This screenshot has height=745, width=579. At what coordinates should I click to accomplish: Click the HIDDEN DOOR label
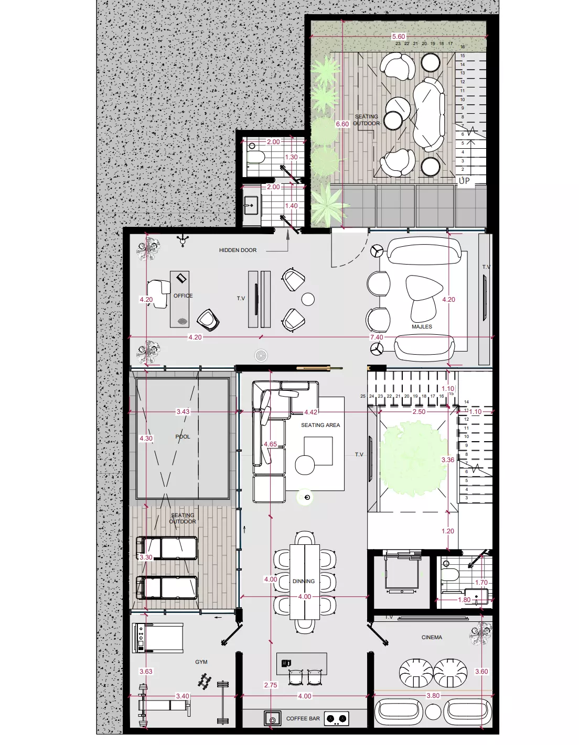tap(238, 250)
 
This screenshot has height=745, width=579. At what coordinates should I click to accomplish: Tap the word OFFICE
tap(183, 296)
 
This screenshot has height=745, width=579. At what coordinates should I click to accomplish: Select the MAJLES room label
tap(422, 327)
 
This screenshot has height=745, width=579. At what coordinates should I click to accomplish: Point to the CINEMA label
tap(432, 638)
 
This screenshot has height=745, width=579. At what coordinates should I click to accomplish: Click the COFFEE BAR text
tap(303, 719)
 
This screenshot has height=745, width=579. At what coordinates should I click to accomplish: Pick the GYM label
tap(201, 662)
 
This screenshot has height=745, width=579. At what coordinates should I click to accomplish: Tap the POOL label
tap(183, 437)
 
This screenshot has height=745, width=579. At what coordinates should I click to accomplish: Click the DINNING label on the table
tap(304, 582)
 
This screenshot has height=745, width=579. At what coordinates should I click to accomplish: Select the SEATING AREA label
tap(320, 425)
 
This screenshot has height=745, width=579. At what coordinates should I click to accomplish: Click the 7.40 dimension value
tap(377, 337)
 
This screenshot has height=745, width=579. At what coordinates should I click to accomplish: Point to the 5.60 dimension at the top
tap(399, 37)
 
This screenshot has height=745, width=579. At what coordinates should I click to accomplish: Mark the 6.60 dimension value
tap(342, 124)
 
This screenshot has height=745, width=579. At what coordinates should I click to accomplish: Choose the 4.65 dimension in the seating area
tap(270, 444)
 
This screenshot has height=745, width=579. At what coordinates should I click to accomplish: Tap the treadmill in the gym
tap(158, 638)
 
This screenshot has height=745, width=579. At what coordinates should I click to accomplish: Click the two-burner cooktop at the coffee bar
tap(337, 719)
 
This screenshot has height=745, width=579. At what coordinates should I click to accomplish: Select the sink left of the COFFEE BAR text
tap(272, 718)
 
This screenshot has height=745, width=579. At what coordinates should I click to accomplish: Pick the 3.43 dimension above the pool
tap(183, 412)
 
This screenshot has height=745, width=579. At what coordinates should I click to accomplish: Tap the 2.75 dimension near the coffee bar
tap(271, 685)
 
